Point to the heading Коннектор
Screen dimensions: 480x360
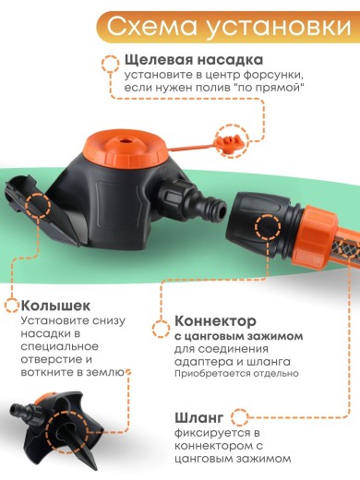tap(219, 322)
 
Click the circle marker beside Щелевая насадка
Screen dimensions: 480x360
tap(108, 62)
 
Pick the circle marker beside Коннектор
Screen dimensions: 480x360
tap(162, 322)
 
